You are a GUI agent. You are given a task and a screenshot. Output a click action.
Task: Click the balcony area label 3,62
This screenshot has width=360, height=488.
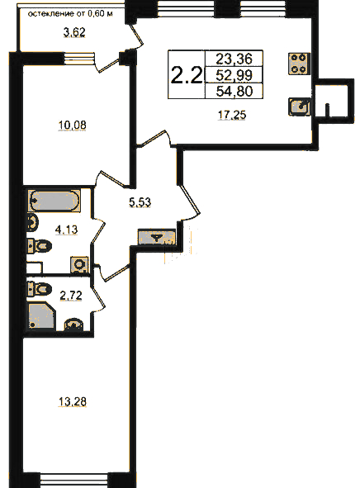click(x=74, y=32)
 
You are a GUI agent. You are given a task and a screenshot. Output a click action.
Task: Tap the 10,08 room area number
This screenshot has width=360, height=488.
click(x=72, y=126)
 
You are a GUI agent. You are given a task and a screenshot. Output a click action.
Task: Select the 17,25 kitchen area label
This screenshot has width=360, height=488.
click(x=232, y=115)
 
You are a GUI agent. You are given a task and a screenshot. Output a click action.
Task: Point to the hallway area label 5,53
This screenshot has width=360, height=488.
click(x=140, y=202)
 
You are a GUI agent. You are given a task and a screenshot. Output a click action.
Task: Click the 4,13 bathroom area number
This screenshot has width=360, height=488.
click(x=66, y=230)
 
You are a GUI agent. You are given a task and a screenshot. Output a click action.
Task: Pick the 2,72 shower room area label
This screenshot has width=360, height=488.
click(x=71, y=296)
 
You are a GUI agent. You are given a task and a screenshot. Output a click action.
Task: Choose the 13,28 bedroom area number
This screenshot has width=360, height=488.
click(x=73, y=401)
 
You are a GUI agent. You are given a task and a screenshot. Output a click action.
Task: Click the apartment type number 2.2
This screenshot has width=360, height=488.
click(x=187, y=75)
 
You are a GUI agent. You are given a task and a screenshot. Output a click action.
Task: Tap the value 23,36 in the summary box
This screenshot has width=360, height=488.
click(x=234, y=59)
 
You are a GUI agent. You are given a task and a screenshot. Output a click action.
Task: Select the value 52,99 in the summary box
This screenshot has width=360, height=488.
click(x=234, y=75)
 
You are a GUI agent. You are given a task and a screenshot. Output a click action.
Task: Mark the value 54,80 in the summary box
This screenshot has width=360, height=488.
click(x=234, y=91)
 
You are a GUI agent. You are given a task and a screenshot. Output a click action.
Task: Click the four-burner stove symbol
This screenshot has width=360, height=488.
click(x=299, y=64)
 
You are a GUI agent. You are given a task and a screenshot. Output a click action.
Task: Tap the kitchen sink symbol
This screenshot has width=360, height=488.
click(x=300, y=107)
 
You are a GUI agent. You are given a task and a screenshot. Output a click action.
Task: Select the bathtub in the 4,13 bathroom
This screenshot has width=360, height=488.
click(x=54, y=201)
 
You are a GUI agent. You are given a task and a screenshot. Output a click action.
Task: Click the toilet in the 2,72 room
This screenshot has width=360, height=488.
click(x=40, y=288)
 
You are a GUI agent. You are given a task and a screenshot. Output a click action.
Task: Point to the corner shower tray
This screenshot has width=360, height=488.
click(x=42, y=316)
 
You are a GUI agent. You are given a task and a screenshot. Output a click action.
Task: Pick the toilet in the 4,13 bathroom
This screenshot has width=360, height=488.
click(x=40, y=247)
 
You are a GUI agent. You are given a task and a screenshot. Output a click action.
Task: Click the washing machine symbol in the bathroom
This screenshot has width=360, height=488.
click(x=80, y=265)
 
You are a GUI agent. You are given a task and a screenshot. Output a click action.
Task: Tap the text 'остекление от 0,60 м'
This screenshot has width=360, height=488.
click(x=70, y=14)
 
